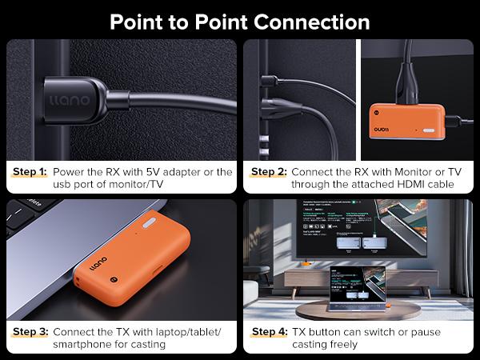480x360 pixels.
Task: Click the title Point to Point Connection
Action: pos(240,21)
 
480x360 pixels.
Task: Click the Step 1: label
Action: pos(30,172)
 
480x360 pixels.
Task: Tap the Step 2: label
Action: pos(268,172)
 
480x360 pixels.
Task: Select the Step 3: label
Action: pos(30,331)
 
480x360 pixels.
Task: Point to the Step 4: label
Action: pos(269,331)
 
